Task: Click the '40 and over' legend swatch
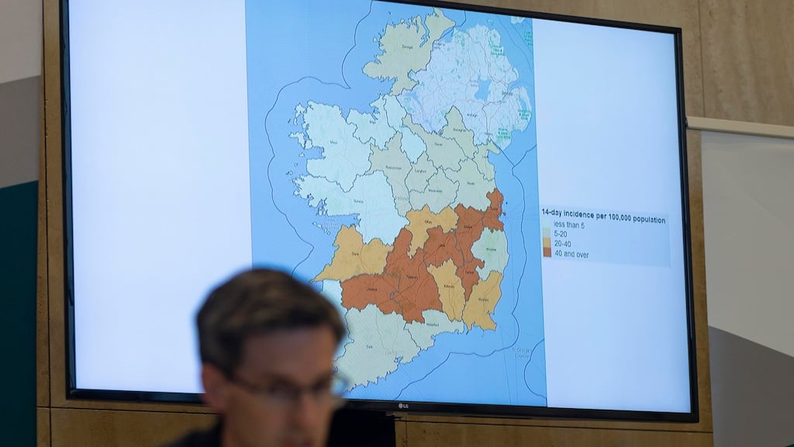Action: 547,251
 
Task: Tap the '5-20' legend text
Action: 562,232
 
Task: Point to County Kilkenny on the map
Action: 449,287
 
